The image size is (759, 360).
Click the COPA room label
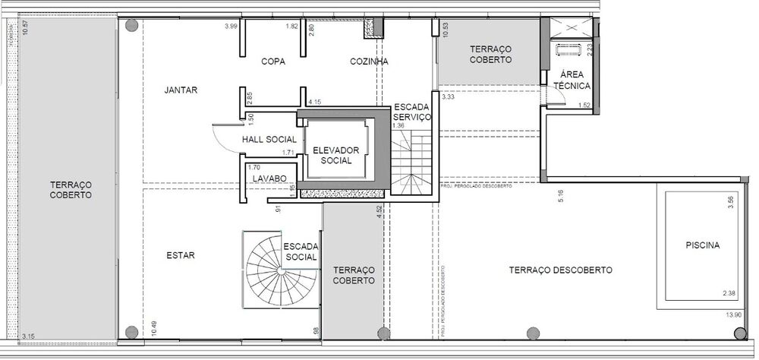click(x=272, y=62)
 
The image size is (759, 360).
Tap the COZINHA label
click(x=370, y=62)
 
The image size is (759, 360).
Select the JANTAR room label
click(x=181, y=90)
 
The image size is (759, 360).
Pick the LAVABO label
click(x=269, y=178)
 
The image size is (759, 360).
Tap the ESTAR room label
click(x=181, y=256)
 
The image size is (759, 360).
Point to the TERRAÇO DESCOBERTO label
click(x=560, y=270)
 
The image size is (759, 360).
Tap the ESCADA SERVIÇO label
click(x=412, y=112)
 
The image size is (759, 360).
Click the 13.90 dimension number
click(x=733, y=314)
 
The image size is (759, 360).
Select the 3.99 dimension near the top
click(x=231, y=27)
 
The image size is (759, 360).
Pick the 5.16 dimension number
click(x=560, y=195)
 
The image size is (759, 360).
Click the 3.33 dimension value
click(x=449, y=96)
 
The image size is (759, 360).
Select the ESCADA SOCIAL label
click(x=301, y=252)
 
